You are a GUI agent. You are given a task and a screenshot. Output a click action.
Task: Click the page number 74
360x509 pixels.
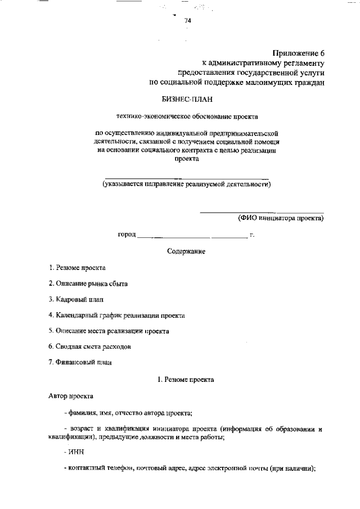(188, 21)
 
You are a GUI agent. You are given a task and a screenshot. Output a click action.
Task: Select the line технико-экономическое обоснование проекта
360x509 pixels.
(187, 117)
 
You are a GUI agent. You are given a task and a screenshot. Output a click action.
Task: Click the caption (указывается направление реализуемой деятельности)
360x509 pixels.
(186, 184)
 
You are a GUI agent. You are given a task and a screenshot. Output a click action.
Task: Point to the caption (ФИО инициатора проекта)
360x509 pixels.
(281, 217)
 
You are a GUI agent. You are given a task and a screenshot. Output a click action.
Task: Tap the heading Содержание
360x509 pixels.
(186, 251)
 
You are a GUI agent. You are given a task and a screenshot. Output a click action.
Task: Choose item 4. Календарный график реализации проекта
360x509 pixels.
(116, 316)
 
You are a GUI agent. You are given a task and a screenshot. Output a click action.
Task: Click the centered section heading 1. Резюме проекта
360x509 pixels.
(186, 380)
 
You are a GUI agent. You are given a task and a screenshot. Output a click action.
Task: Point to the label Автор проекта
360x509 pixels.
(70, 396)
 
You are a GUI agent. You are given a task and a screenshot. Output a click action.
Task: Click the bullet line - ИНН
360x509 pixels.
(74, 452)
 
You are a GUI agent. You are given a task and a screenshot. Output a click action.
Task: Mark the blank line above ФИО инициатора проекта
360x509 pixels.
(262, 212)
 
